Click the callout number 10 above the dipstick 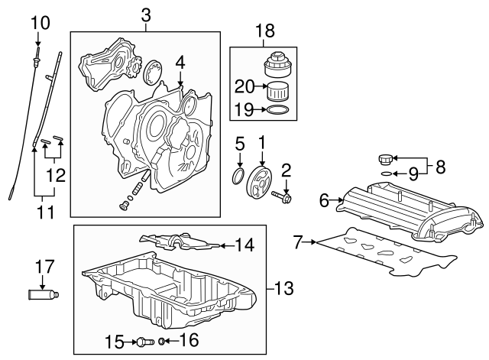click(x=39, y=23)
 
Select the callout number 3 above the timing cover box click(x=145, y=15)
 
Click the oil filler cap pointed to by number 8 click(x=385, y=160)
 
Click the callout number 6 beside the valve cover click(x=324, y=200)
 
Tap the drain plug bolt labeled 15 click(x=144, y=341)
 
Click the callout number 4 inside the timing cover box click(x=180, y=60)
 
